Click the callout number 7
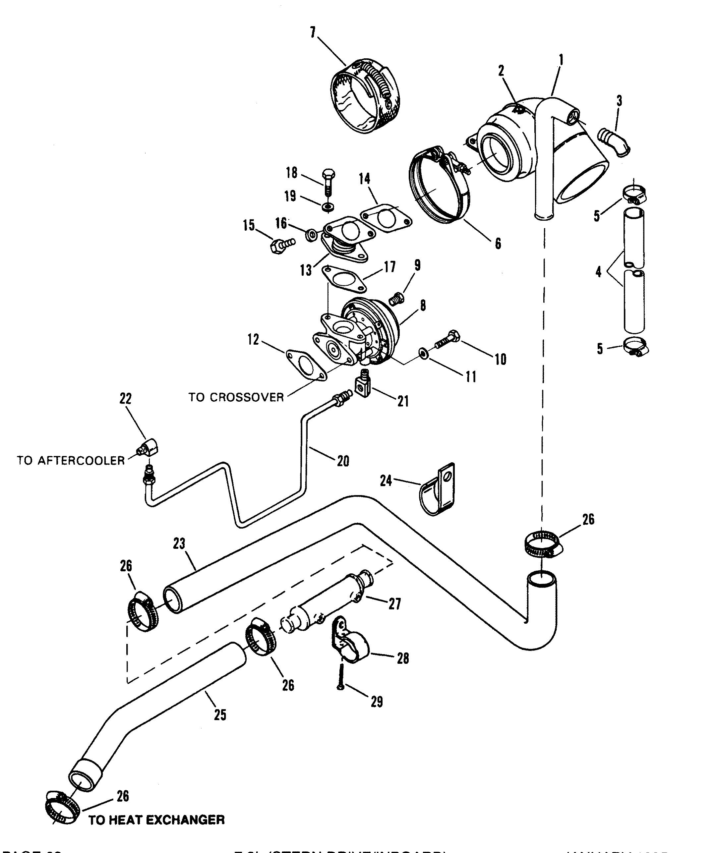(x=313, y=32)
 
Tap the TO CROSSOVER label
(x=236, y=397)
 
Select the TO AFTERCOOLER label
(x=71, y=460)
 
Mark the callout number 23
(x=179, y=543)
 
